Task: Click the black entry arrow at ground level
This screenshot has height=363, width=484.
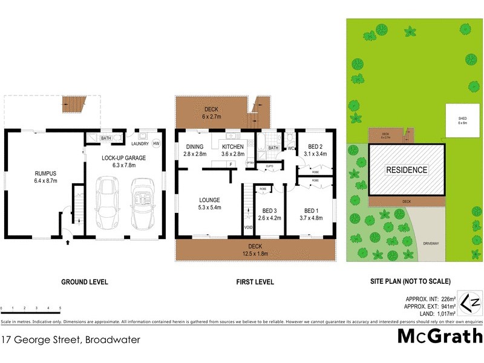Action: [x=67, y=243]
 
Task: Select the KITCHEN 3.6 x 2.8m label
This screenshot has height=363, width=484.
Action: [x=233, y=150]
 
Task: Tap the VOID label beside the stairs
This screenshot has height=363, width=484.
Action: [x=247, y=227]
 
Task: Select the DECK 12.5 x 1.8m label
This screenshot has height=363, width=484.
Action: [x=255, y=249]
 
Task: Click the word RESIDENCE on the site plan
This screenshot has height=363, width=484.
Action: [x=407, y=170]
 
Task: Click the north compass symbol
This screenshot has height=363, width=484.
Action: [x=471, y=301]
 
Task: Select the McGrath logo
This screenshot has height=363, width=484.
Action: [x=439, y=336]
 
